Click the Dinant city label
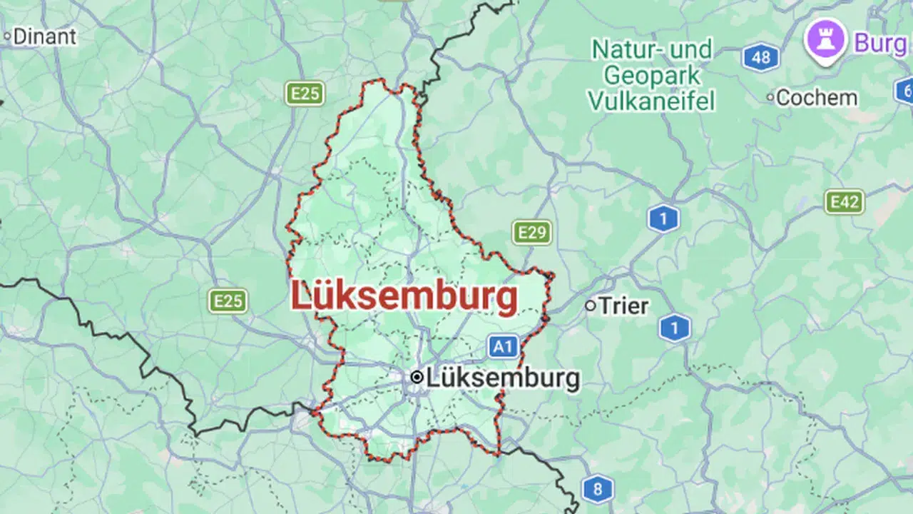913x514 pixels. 44,36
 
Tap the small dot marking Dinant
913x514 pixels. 8,35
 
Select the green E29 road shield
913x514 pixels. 531,232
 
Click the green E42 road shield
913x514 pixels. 845,202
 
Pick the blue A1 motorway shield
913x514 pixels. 503,347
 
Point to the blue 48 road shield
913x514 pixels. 760,57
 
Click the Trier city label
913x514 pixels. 623,306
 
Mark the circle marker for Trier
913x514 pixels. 590,306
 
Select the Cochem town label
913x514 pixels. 817,98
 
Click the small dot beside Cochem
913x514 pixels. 770,97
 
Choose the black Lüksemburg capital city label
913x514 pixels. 503,378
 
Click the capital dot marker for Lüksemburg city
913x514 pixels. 417,378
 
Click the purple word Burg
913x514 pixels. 880,43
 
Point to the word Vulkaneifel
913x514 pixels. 651,101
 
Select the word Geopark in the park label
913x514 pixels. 652,76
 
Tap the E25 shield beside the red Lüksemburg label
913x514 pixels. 228,301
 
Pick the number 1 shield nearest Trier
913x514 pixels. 674,328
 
